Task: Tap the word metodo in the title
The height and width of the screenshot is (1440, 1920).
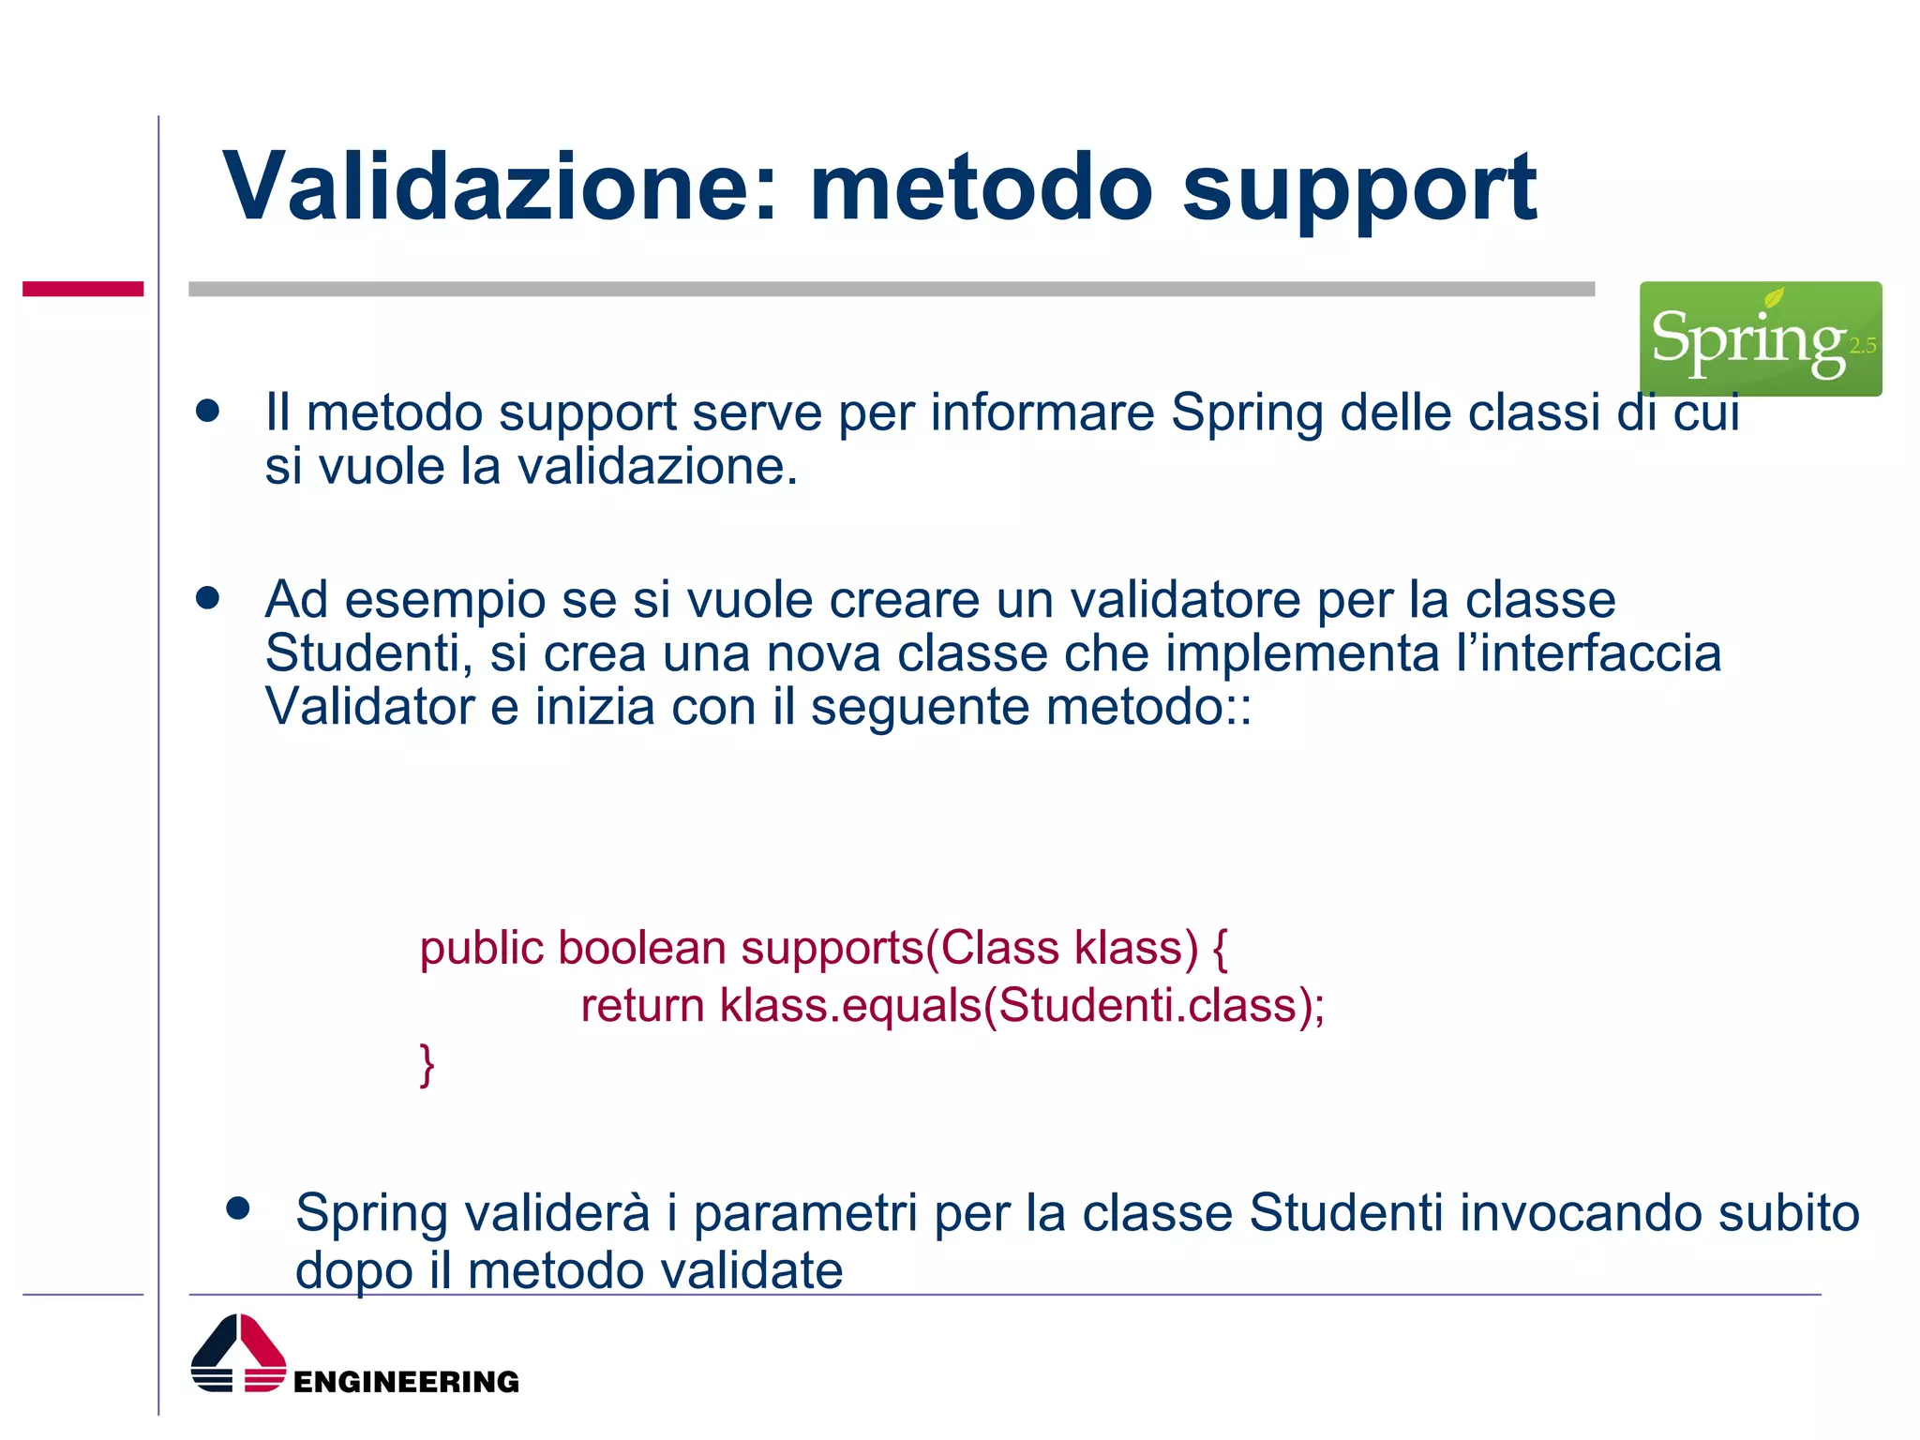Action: [x=980, y=187]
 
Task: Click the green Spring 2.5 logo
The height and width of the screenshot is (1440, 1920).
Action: [x=1760, y=338]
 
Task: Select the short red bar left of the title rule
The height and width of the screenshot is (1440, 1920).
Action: [x=82, y=289]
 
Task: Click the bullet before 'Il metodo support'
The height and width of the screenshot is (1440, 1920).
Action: [x=207, y=411]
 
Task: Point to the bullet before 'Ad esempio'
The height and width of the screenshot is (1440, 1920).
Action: [x=207, y=598]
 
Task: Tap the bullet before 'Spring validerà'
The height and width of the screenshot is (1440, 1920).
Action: [x=238, y=1209]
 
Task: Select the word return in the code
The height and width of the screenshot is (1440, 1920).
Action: [x=642, y=1006]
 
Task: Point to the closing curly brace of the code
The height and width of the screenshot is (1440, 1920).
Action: [x=427, y=1065]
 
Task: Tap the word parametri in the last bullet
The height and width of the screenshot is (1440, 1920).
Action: [x=804, y=1213]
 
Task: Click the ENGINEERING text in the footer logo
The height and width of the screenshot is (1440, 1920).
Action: [x=406, y=1382]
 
